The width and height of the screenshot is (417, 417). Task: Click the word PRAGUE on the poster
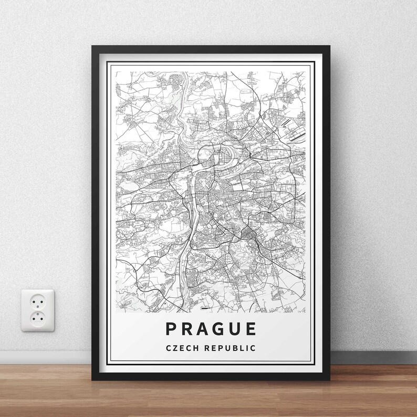click(211, 329)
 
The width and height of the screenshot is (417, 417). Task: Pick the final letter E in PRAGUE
click(251, 329)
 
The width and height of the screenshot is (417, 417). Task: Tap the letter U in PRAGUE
click(234, 329)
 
